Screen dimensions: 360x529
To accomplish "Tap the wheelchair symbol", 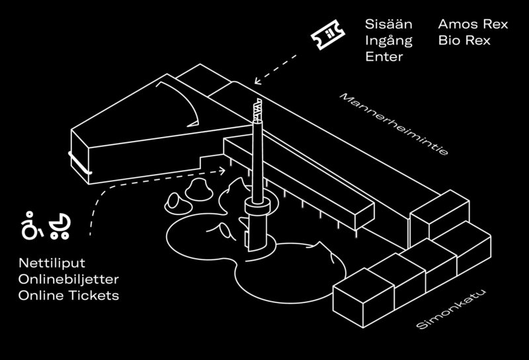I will point(30,226).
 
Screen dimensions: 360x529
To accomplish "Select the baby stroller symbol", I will point(59,226).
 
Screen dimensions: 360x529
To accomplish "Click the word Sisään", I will point(388,24).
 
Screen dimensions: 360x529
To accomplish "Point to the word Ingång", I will point(389,40).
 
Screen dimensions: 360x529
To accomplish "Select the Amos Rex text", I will point(472,24).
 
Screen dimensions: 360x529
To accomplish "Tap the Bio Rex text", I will point(464,40).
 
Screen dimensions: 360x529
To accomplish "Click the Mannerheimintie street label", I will point(394,124).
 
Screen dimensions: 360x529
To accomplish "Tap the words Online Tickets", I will point(69,296).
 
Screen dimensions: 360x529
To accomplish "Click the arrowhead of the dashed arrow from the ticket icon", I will point(256,83).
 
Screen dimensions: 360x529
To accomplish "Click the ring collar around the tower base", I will point(257,208).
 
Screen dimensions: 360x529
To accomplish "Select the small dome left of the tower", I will point(196,190).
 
